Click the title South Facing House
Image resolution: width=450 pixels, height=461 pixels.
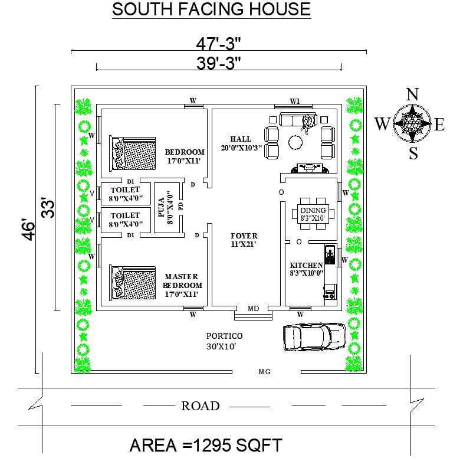(x=211, y=9)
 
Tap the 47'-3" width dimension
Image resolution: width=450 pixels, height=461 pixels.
(x=219, y=43)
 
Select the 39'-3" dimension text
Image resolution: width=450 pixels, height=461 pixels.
(x=219, y=63)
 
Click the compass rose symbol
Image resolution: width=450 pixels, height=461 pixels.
(x=413, y=123)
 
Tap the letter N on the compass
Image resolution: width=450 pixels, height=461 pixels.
(x=413, y=94)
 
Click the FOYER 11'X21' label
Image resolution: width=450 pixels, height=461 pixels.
(x=244, y=240)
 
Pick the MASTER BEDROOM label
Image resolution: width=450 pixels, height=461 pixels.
(x=181, y=285)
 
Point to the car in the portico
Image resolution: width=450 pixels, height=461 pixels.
(x=314, y=337)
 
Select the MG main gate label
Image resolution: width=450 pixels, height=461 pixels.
(x=264, y=372)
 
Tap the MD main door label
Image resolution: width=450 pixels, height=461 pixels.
(x=254, y=309)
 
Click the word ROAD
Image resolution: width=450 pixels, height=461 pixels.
(x=200, y=406)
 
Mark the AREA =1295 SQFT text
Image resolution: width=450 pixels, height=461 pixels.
(x=206, y=444)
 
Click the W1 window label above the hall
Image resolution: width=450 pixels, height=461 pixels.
(x=295, y=101)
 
